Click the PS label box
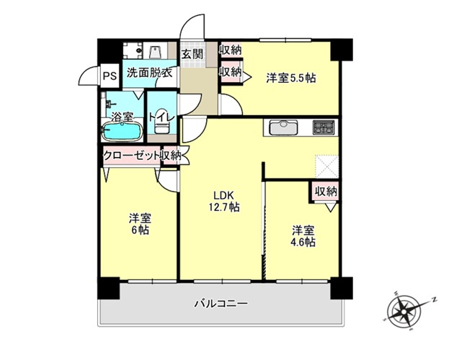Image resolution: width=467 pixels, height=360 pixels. (110, 76)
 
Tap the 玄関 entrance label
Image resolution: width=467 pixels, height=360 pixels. (192, 54)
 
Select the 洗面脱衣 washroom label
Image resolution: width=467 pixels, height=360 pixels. (149, 73)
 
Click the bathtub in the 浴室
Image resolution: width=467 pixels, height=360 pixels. (122, 131)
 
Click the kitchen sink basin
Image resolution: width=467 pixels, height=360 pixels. (283, 127)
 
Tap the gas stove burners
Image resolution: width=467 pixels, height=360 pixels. (324, 127)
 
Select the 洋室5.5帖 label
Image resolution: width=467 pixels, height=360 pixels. (290, 78)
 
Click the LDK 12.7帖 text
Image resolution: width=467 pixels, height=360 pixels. (224, 201)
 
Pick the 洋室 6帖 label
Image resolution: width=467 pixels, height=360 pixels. (140, 225)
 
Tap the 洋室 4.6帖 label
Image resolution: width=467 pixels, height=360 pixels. (303, 236)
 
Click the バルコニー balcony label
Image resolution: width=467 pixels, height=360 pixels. (221, 304)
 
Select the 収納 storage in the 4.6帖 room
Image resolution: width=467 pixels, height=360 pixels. (326, 192)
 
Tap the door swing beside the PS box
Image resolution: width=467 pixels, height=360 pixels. (89, 76)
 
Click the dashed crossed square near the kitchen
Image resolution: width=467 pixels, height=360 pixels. (327, 167)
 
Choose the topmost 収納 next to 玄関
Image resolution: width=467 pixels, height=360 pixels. (230, 50)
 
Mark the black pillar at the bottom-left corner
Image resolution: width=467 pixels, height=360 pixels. (109, 288)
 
